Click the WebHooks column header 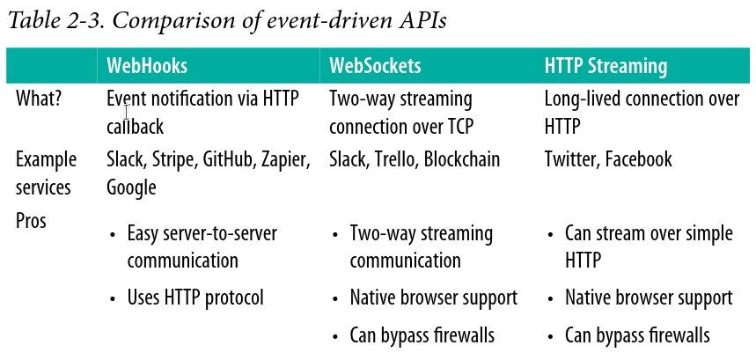(147, 66)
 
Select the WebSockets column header (375, 66)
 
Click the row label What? (39, 99)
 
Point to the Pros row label (31, 221)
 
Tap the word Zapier (286, 160)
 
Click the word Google (132, 187)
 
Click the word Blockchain (462, 159)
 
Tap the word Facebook (638, 159)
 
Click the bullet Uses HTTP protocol (195, 298)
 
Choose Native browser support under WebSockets (434, 298)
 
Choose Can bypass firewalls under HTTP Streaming (637, 335)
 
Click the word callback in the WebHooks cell (135, 127)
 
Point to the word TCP (459, 127)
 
